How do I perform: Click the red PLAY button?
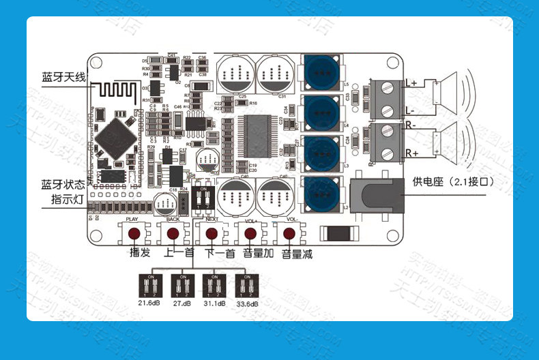pyautogui.click(x=133, y=233)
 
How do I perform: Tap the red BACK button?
pyautogui.click(x=172, y=233)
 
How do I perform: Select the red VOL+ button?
pyautogui.click(x=250, y=233)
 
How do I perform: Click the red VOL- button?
pyautogui.click(x=289, y=233)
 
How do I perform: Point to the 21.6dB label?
pyautogui.click(x=149, y=303)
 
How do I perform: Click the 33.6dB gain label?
pyautogui.click(x=248, y=303)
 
